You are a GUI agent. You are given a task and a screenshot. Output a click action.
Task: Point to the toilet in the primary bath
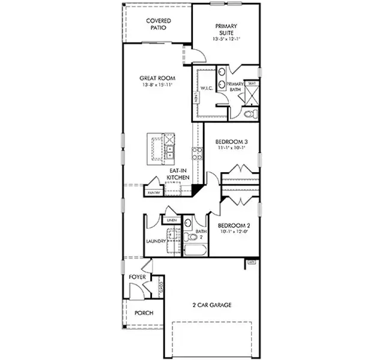click(250, 113)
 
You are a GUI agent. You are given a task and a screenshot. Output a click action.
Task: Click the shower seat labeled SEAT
click(252, 83)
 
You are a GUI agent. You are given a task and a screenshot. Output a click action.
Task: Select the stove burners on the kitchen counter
click(195, 154)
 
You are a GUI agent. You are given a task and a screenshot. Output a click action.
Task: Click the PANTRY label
click(154, 193)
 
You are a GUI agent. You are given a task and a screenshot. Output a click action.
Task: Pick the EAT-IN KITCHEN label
click(178, 174)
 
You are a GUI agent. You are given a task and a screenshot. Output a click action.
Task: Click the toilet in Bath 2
click(188, 225)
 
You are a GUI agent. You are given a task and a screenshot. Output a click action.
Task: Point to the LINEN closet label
click(171, 220)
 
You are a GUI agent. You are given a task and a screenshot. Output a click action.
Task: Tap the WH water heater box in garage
click(252, 262)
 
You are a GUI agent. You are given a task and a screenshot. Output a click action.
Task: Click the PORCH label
click(143, 313)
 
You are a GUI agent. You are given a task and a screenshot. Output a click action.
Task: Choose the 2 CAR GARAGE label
click(208, 305)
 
